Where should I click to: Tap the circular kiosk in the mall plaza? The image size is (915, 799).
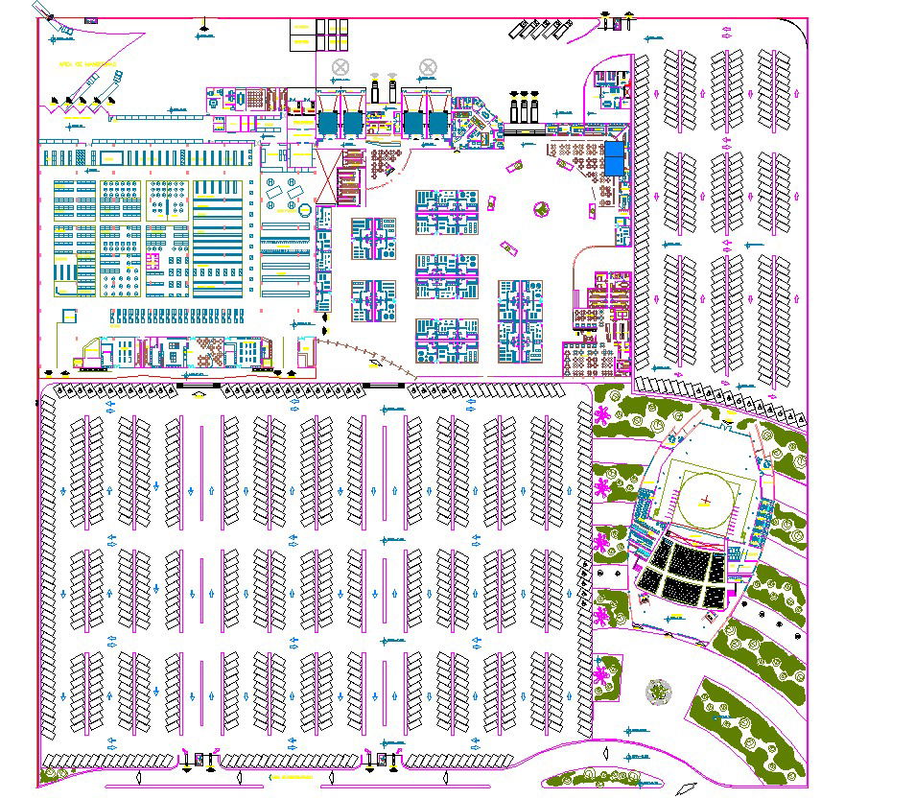click(x=541, y=207)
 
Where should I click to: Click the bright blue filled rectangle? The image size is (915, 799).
click(x=614, y=159)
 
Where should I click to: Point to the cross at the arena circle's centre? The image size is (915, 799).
click(x=706, y=499)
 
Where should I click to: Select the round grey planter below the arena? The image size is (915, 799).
click(x=658, y=691)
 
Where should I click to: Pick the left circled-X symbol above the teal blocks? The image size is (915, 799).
click(x=340, y=67)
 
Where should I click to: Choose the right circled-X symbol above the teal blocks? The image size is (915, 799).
click(x=428, y=67)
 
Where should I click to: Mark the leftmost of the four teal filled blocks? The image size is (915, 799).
click(x=328, y=123)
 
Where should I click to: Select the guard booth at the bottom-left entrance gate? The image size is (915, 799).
click(x=199, y=760)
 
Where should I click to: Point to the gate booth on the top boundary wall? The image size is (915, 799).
click(x=607, y=20)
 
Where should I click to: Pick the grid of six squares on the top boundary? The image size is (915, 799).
click(x=318, y=35)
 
